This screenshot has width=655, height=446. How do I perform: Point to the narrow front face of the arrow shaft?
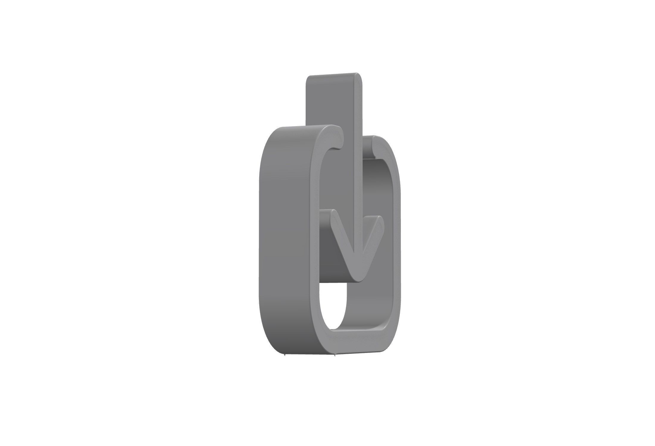358,149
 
